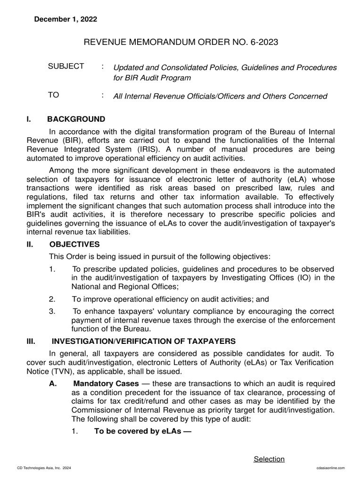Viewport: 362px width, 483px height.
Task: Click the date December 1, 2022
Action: click(x=65, y=19)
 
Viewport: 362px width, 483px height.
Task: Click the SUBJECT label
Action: click(x=66, y=67)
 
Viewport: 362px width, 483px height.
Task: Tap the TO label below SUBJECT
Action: click(x=54, y=95)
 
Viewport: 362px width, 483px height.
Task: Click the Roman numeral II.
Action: click(x=31, y=244)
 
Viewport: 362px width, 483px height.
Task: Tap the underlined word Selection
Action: click(x=269, y=459)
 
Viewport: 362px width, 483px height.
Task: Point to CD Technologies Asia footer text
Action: click(x=43, y=467)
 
